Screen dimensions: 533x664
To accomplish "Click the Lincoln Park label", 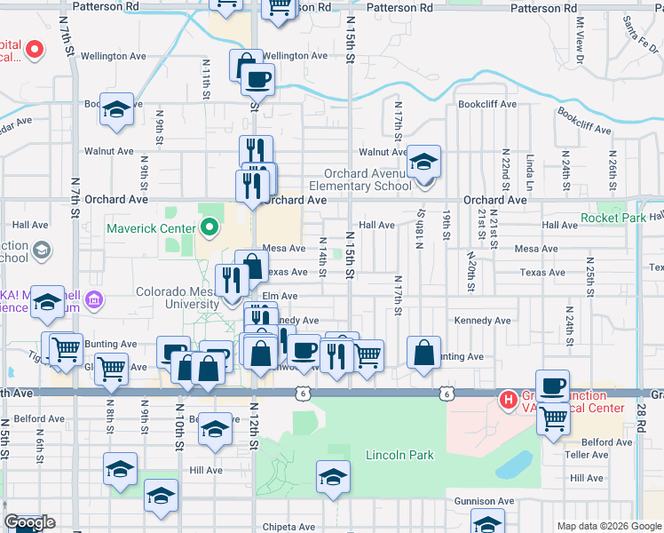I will point(399,456).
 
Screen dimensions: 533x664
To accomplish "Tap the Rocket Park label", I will point(613,219).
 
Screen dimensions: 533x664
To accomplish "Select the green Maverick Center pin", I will point(209,227).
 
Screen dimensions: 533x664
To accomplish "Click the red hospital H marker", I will point(509,400).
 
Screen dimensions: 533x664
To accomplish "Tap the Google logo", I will point(29,523).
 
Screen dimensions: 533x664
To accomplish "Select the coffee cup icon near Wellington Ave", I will point(257,79).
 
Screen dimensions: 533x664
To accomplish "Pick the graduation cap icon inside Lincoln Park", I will point(332,478).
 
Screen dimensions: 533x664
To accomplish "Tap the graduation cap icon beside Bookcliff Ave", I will point(116,108).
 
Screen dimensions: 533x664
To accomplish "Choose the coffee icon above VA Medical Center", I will point(552,386).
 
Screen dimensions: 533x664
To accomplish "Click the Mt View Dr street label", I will point(581,40).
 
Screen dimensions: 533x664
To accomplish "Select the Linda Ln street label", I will point(530,172).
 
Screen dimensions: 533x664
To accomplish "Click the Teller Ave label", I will point(586,454).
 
